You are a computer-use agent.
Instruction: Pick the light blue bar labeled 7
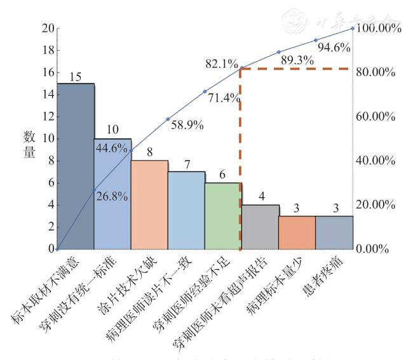[186, 210]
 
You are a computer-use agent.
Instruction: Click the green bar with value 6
[222, 216]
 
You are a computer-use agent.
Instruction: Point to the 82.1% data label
[221, 64]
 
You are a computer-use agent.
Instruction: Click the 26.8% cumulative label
[112, 196]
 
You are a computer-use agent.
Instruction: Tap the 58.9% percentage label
[187, 126]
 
